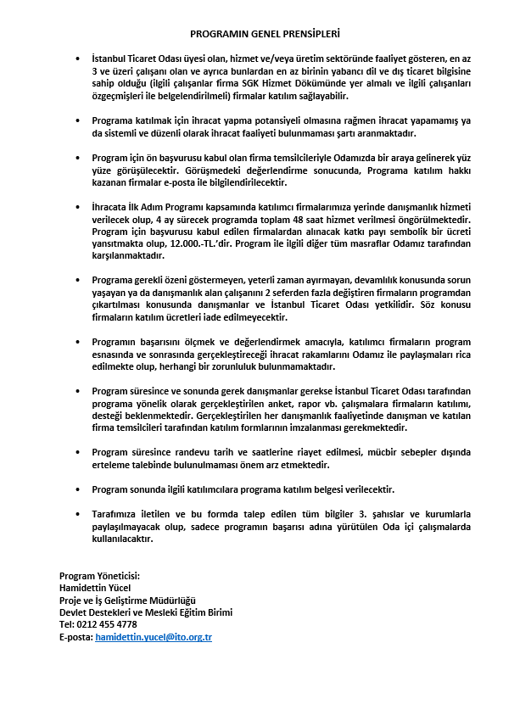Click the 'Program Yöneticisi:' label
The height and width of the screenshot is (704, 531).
coord(99,576)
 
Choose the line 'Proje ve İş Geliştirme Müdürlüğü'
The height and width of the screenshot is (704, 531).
coord(127,601)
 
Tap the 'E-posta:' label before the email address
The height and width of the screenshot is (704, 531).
coord(75,636)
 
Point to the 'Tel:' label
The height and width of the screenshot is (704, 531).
coord(67,624)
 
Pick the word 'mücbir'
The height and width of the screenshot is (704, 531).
coord(372,452)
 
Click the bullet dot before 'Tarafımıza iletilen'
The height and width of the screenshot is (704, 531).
coord(78,515)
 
